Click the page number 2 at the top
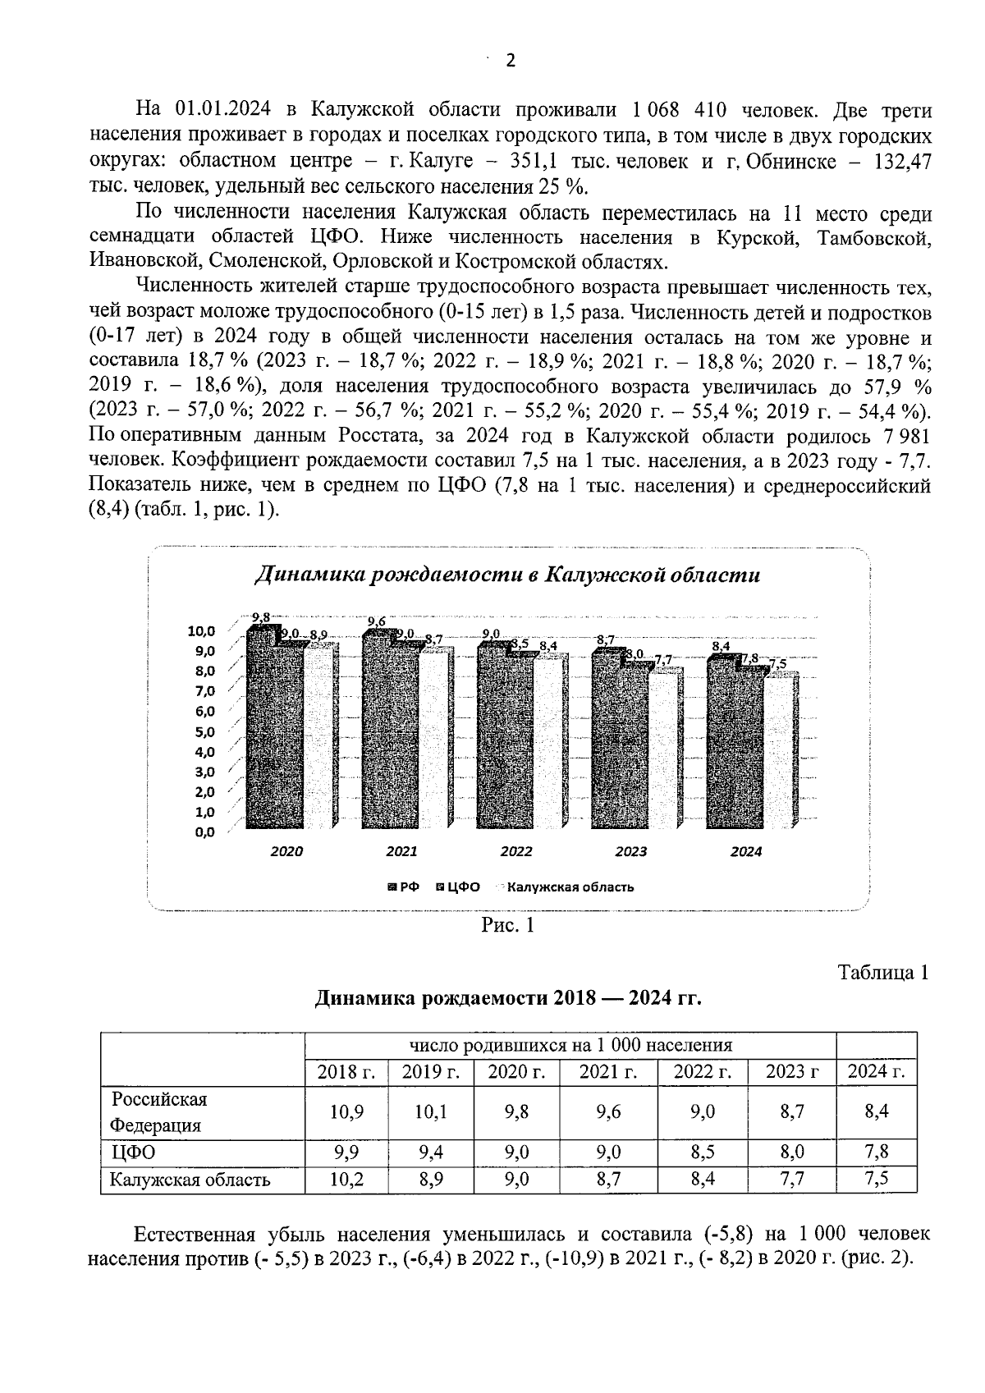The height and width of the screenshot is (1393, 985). [510, 61]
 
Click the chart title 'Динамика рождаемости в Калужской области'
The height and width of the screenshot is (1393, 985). [506, 575]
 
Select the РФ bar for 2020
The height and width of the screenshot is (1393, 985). [262, 731]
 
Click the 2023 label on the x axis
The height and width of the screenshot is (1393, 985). [631, 852]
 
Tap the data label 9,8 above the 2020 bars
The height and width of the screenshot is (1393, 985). [260, 617]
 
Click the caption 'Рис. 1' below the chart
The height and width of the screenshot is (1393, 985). [507, 926]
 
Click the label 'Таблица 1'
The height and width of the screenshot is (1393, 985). [883, 973]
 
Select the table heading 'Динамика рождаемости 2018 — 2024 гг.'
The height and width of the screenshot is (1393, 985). [508, 999]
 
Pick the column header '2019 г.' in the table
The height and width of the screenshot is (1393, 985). [432, 1071]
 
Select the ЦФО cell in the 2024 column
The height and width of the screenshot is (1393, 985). [877, 1152]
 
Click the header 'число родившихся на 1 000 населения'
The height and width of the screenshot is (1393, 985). [570, 1045]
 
